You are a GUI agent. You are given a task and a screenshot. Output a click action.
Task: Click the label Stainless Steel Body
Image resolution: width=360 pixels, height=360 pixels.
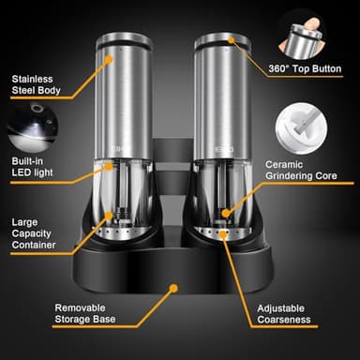[36, 86]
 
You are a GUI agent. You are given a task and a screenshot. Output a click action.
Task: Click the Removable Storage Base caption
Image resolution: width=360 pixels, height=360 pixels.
[87, 316]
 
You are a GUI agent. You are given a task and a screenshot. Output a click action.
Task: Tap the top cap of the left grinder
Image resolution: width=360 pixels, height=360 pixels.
[129, 37]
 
